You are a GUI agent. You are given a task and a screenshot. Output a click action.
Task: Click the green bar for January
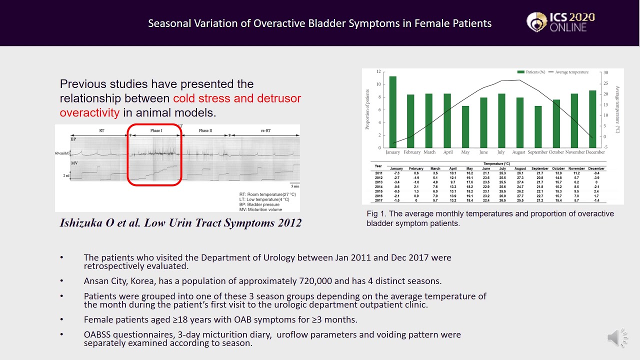pos(392,112)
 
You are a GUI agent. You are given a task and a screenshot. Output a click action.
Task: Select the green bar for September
pos(538,127)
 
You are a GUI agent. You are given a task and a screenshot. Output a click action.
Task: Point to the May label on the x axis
pos(465,152)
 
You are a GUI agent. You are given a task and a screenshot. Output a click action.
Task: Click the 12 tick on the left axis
pos(378,71)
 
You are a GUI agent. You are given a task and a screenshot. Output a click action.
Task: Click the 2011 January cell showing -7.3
pos(396,173)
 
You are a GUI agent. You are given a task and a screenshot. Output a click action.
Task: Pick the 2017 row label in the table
pos(378,199)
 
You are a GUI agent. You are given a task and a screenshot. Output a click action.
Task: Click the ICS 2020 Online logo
pos(560,22)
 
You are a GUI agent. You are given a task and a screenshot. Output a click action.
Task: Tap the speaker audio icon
pos(617,338)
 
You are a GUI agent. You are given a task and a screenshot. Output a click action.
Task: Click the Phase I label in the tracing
pos(156,130)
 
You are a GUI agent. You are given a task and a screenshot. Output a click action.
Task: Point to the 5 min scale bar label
pos(295,186)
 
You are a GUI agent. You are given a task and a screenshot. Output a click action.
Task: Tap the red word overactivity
pos(89,112)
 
